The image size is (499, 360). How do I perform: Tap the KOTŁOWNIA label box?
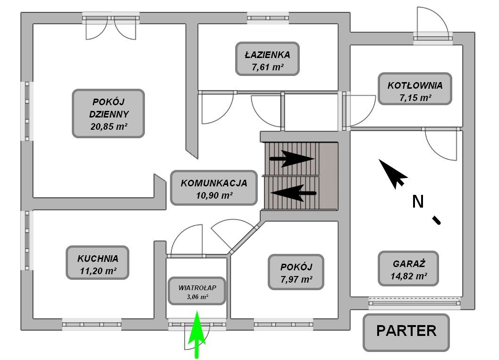pyautogui.click(x=415, y=89)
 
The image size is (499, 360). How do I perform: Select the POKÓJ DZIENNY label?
pyautogui.click(x=108, y=113)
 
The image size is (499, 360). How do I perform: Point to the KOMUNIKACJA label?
pyautogui.click(x=214, y=187)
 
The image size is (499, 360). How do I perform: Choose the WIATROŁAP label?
pyautogui.click(x=196, y=291)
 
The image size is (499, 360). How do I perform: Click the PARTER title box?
pyautogui.click(x=406, y=332)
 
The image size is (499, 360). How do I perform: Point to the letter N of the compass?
pyautogui.click(x=418, y=202)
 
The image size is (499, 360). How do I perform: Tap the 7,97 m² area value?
pyautogui.click(x=296, y=279)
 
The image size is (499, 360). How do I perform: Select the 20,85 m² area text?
pyautogui.click(x=108, y=126)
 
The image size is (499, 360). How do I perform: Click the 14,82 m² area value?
pyautogui.click(x=408, y=276)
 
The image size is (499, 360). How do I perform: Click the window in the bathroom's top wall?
pyautogui.click(x=268, y=18)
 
